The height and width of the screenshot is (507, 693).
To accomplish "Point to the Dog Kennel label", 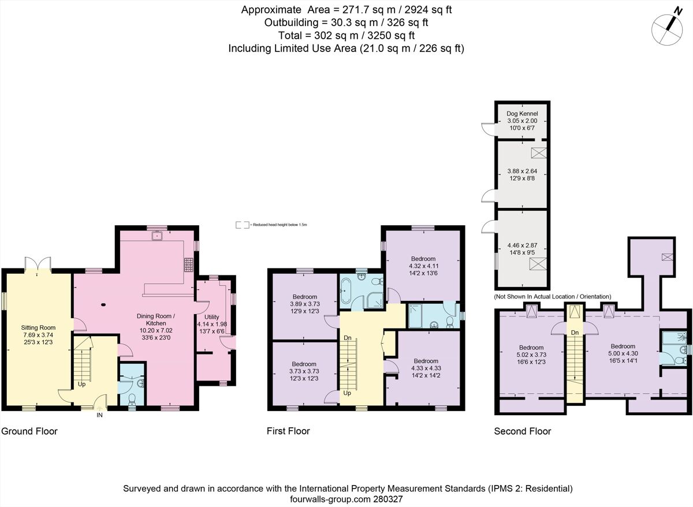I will [x=521, y=114].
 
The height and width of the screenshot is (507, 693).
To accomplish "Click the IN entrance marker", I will [x=100, y=415].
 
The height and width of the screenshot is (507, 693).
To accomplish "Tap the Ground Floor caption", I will [x=29, y=431].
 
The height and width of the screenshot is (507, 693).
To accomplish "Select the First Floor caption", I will [x=288, y=431].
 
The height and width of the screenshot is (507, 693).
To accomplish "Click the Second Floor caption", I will [x=522, y=431].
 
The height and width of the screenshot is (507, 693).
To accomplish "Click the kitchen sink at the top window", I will [x=156, y=235].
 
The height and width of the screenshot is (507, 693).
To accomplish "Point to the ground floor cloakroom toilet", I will [x=132, y=399].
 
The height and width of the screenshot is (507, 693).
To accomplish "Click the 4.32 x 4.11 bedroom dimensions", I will [x=423, y=266].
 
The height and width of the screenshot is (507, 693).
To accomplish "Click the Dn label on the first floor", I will [x=348, y=338].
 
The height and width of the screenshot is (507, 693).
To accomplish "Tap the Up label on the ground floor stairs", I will [x=82, y=383].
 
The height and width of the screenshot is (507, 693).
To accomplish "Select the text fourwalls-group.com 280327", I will [x=348, y=498].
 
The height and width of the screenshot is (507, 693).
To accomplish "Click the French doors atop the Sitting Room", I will [x=39, y=264].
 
